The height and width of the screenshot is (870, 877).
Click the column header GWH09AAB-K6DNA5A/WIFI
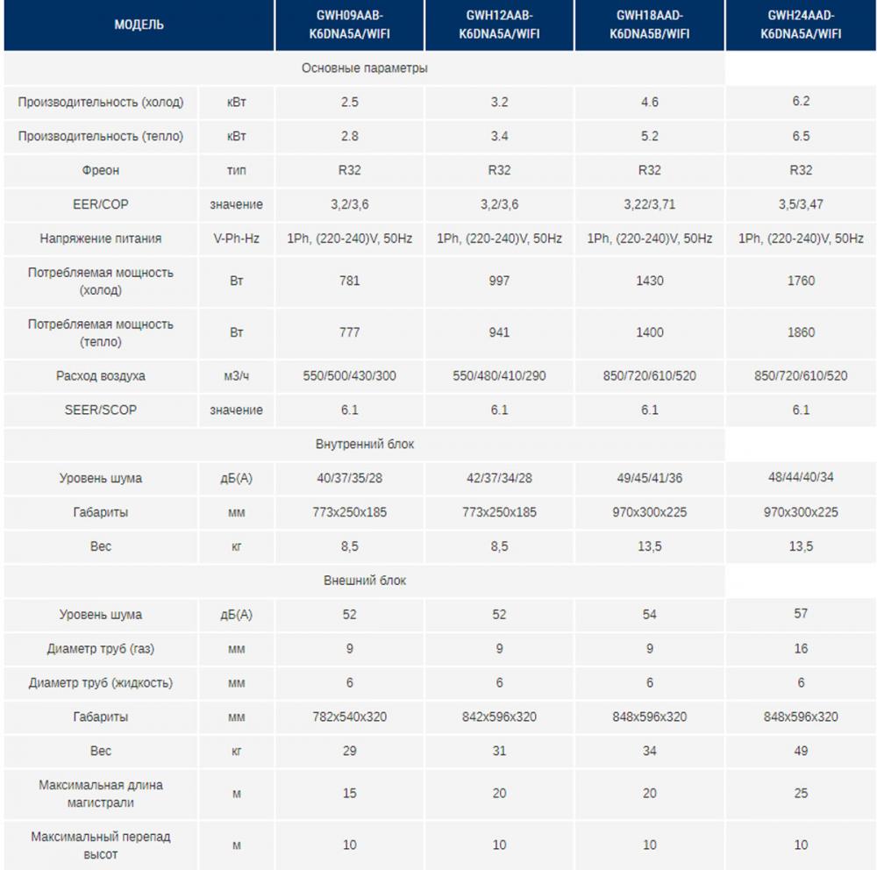click(x=349, y=25)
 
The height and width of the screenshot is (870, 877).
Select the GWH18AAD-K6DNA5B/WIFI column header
click(x=649, y=25)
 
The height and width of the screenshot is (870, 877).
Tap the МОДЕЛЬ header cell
click(x=139, y=25)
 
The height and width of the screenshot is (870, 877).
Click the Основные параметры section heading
click(x=365, y=68)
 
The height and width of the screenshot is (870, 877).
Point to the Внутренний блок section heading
click(x=365, y=444)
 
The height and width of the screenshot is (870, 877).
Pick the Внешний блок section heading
click(x=365, y=581)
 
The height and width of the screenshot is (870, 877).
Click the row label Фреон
click(x=101, y=170)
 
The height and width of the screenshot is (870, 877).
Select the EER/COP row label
click(x=101, y=204)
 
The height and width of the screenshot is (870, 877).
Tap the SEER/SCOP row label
click(x=101, y=410)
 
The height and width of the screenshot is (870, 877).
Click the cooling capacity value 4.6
click(x=649, y=102)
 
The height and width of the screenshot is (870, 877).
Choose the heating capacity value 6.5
click(x=801, y=136)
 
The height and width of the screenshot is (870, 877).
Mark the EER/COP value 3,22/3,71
click(x=649, y=204)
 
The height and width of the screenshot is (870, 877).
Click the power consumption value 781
click(x=349, y=281)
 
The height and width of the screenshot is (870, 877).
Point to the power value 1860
click(x=801, y=332)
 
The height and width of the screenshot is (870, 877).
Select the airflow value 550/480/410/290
click(x=499, y=375)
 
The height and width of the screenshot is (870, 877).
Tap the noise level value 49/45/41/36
click(x=649, y=478)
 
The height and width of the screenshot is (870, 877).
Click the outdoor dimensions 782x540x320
click(x=349, y=717)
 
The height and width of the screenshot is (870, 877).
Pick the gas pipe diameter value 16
click(x=801, y=648)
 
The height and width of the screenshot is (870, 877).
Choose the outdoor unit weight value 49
click(x=801, y=751)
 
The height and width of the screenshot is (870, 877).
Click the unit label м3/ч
click(x=236, y=375)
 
